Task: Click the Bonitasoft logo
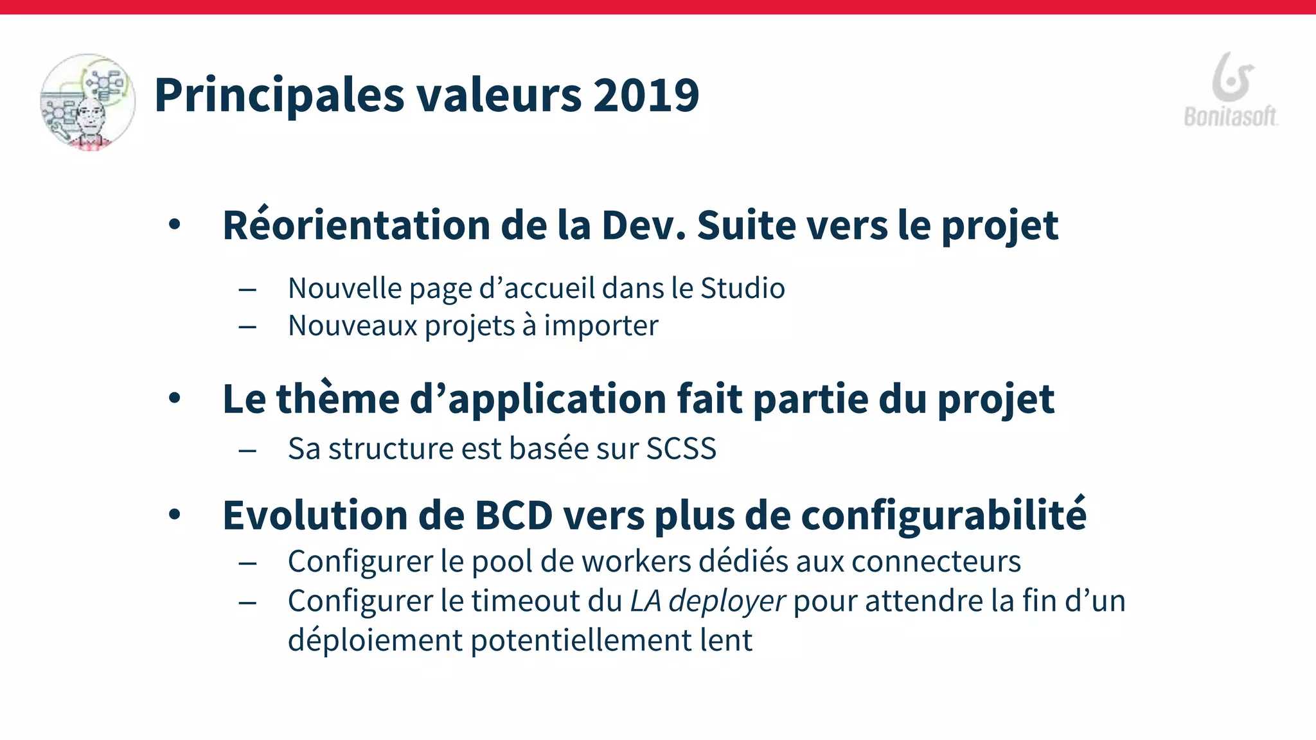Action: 1231,90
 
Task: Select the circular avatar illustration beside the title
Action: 87,102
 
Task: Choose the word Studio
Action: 742,288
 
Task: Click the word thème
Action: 338,399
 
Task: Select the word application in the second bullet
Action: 556,400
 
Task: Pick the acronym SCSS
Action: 681,448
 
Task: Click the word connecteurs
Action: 936,562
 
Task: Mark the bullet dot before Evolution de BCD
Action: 175,515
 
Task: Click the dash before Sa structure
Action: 247,450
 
